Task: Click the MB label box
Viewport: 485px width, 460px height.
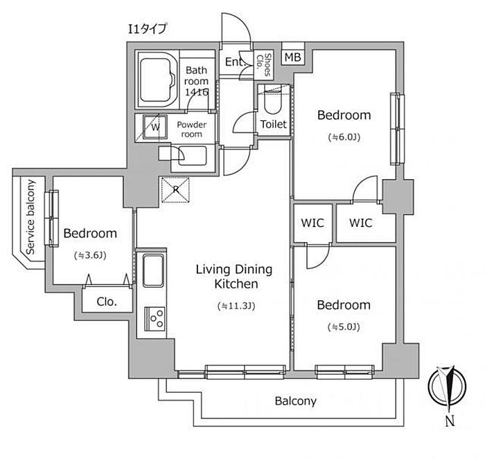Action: (x=292, y=57)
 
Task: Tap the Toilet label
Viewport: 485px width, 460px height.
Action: (x=274, y=124)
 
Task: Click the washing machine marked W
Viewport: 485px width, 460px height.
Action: (x=155, y=127)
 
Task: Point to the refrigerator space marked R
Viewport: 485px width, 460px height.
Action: (x=175, y=190)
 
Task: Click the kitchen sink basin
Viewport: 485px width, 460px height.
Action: (x=153, y=270)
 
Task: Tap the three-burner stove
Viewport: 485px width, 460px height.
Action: (x=155, y=319)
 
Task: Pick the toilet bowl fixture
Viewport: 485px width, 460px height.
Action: (x=272, y=101)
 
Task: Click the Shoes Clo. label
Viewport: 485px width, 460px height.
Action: (x=263, y=65)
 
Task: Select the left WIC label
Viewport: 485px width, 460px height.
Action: (x=312, y=223)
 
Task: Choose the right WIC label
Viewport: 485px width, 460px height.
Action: (x=361, y=223)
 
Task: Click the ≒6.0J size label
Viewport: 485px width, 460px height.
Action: (x=344, y=137)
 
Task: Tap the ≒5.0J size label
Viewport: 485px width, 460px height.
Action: (x=344, y=326)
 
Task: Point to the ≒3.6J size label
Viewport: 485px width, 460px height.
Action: (x=90, y=255)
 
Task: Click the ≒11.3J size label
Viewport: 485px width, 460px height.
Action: (x=236, y=306)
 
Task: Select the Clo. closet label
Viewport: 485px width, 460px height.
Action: (x=107, y=302)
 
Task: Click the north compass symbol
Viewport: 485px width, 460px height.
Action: (x=448, y=387)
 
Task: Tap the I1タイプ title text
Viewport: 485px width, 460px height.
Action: (x=148, y=29)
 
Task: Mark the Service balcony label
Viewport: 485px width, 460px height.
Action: (x=30, y=217)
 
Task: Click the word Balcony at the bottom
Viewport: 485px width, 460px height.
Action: (x=296, y=401)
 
